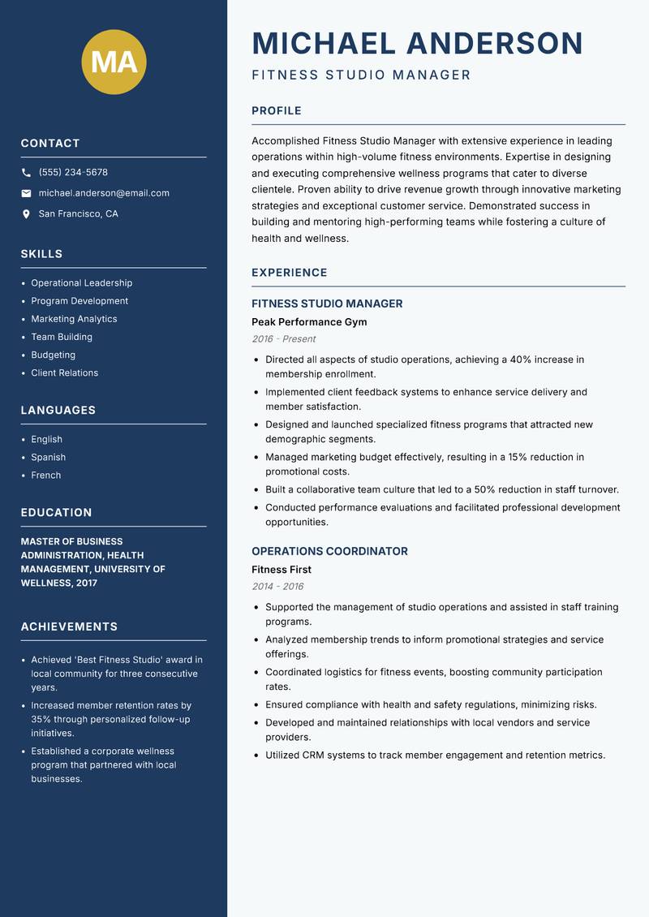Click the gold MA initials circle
(x=114, y=62)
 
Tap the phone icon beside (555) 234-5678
(x=26, y=173)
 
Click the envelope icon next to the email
(x=26, y=193)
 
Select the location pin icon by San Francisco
(x=26, y=214)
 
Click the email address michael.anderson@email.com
(x=104, y=193)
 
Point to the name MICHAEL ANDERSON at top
(x=417, y=43)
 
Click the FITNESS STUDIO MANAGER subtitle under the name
(x=361, y=75)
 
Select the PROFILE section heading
(x=276, y=111)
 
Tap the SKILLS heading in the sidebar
(x=41, y=254)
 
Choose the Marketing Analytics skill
(x=74, y=319)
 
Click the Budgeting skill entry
(x=53, y=355)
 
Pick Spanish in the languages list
(x=48, y=457)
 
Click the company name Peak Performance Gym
(x=309, y=322)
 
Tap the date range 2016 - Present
(x=283, y=339)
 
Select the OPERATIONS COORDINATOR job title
(x=329, y=551)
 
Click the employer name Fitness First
(x=281, y=570)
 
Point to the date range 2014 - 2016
(x=277, y=587)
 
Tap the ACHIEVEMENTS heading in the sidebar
(x=69, y=626)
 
